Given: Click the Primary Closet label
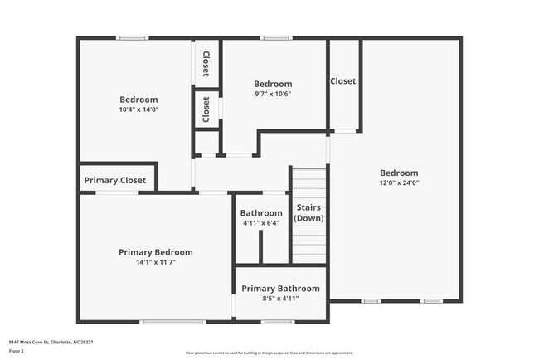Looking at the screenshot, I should click(x=115, y=180).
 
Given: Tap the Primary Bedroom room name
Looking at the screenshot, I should click(x=156, y=252).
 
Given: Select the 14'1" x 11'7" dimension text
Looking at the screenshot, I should click(x=156, y=261).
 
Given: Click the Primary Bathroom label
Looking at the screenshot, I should click(x=280, y=289).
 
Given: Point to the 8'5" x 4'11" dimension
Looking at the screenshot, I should click(x=280, y=298).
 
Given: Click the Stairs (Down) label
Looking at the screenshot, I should click(x=309, y=212).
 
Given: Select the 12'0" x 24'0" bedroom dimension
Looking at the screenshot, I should click(x=399, y=182).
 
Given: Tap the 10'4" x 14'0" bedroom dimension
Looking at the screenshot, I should click(x=138, y=109).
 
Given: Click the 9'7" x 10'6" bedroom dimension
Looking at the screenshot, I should click(x=273, y=93).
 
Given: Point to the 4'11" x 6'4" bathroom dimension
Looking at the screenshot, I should click(x=261, y=222).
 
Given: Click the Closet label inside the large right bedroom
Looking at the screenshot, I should click(x=343, y=81).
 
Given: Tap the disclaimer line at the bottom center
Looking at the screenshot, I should click(x=269, y=353).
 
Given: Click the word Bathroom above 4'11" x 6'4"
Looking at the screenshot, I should click(x=261, y=213).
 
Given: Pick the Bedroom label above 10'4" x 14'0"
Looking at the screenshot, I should click(x=138, y=100).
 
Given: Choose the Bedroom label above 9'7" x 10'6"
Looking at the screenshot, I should click(x=273, y=84).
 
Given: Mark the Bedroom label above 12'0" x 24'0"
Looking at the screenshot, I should click(x=399, y=173).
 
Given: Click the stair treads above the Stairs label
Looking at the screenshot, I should click(x=308, y=182).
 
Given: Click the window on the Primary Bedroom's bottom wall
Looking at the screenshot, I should click(x=172, y=321).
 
